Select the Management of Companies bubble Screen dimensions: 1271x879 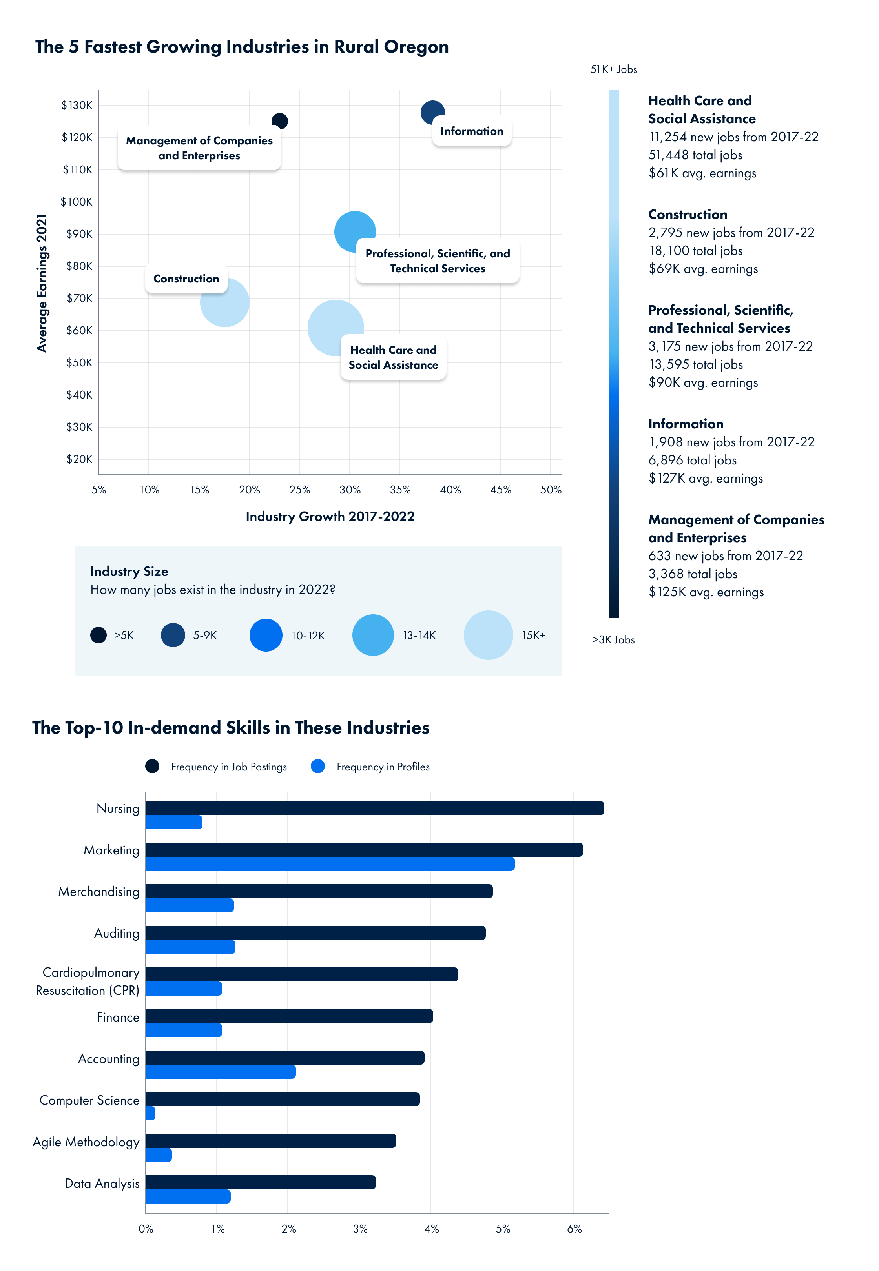280,120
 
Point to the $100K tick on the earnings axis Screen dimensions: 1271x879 77,202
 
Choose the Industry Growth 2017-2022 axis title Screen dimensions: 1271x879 330,516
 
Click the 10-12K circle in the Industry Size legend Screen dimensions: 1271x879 266,635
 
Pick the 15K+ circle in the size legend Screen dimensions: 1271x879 488,635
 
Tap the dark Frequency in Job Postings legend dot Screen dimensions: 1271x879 153,766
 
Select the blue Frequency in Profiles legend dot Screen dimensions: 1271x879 318,766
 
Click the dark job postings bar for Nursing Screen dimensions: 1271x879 374,808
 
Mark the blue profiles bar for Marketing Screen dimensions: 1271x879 330,864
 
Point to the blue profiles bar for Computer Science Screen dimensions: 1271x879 150,1114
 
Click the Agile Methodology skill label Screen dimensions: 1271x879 86,1142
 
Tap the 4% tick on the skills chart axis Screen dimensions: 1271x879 432,1229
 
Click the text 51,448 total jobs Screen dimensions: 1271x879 695,155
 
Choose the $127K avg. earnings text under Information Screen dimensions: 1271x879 706,478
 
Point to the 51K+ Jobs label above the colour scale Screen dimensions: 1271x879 614,69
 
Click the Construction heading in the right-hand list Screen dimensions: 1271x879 688,215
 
